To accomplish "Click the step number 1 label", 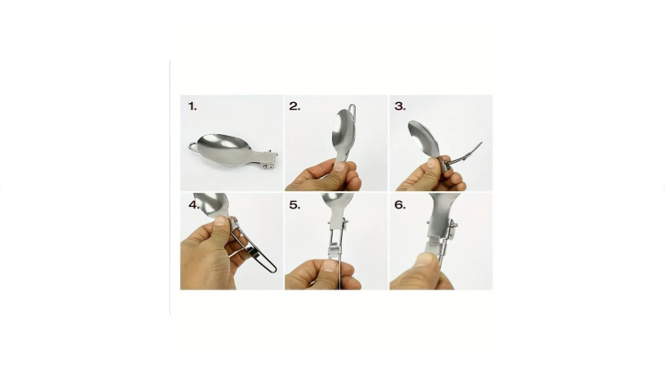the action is pos(192,106).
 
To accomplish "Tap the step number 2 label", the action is pos(294,106).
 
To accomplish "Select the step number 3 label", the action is pos(400,106).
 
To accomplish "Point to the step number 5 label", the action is pos(294,205).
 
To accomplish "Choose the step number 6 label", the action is pos(400,205).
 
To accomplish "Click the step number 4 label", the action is pos(194,205).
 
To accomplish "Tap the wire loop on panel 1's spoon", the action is pos(193,147).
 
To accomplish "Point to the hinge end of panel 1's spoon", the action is pos(268,159).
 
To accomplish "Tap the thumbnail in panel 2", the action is pos(339,166).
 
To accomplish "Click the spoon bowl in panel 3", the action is pos(422,137).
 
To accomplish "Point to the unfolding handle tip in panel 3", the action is pos(480,144).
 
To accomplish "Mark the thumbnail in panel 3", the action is pos(432,164).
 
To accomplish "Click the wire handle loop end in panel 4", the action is pos(272,268).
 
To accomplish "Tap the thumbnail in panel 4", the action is pos(221,221).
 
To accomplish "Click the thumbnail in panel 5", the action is pos(329,266).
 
